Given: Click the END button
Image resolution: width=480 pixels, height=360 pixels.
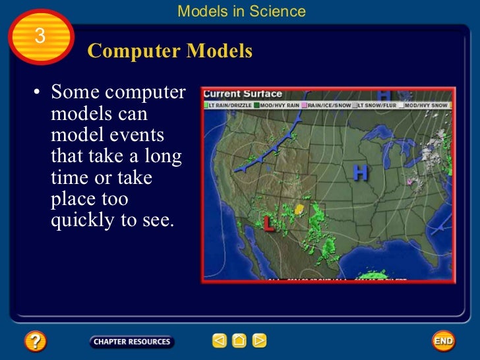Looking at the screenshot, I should tap(443, 341).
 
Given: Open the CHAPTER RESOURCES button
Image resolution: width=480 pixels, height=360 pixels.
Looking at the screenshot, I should tap(131, 342).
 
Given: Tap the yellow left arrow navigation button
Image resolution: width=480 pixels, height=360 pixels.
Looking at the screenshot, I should tap(220, 341).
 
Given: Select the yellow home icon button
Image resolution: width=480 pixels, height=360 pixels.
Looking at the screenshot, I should tap(239, 341).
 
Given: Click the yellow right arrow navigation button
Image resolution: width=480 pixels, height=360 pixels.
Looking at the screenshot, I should tap(260, 341).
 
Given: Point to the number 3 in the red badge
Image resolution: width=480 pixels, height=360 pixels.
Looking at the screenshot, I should tap(40, 37).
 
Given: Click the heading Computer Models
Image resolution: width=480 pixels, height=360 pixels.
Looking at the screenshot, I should tap(169, 51).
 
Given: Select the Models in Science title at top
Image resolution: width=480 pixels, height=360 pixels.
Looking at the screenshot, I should tap(242, 11).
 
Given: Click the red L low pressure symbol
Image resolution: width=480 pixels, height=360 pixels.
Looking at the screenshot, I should tap(268, 224).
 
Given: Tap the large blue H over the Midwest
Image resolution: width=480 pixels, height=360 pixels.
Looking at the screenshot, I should tap(360, 173).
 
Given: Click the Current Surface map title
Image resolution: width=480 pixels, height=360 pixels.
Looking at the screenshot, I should tap(242, 94).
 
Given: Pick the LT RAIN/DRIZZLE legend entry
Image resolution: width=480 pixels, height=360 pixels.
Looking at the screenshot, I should tap(228, 105).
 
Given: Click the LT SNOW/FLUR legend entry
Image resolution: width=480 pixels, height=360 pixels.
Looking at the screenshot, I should tap(376, 105).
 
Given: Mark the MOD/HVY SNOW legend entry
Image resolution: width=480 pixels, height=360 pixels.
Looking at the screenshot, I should tap(425, 105).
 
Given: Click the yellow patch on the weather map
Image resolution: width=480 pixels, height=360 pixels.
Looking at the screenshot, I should tap(299, 209).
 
